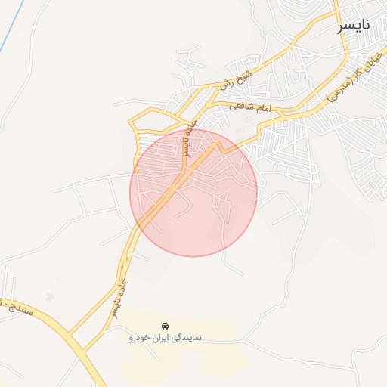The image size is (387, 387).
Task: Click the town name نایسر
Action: tap(354, 26)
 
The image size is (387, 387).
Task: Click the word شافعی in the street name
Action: tap(243, 107)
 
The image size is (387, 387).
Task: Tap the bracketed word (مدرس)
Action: tap(337, 88)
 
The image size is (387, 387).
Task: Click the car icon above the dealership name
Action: tap(165, 325)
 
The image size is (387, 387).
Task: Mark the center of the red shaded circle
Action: tap(193, 193)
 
